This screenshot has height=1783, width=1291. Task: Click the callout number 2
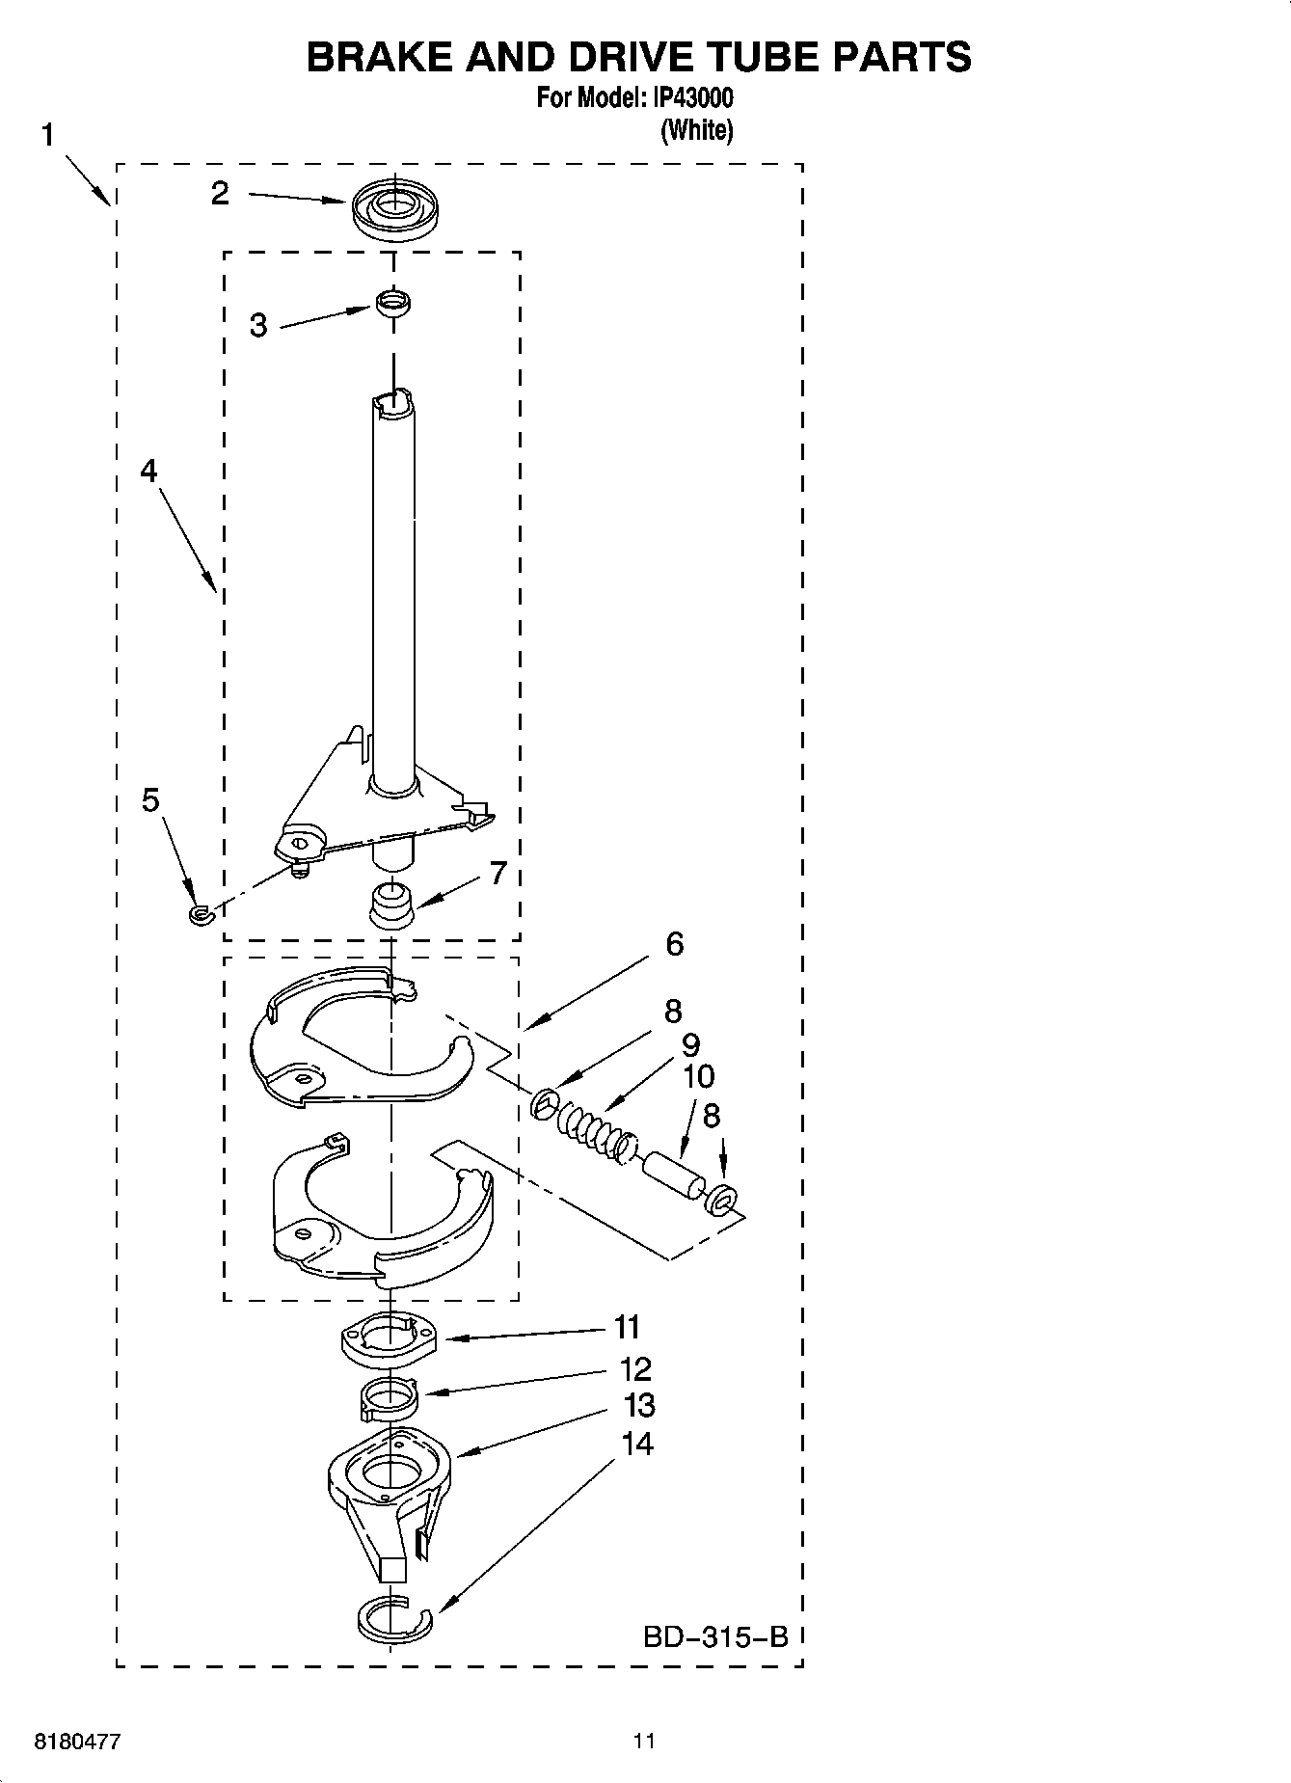click(221, 194)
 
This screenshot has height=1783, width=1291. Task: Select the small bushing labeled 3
click(392, 303)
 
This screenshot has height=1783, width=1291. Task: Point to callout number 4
click(148, 471)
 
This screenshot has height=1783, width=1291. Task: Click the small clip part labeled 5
click(200, 912)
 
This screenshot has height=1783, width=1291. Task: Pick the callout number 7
click(498, 873)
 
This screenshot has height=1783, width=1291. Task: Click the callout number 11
click(628, 1328)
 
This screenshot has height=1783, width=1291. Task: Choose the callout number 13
click(639, 1406)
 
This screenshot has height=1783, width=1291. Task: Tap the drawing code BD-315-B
click(715, 1636)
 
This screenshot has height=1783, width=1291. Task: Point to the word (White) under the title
click(696, 130)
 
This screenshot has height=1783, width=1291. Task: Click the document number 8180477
click(78, 1742)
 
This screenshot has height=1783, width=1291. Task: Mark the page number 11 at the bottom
click(644, 1742)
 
